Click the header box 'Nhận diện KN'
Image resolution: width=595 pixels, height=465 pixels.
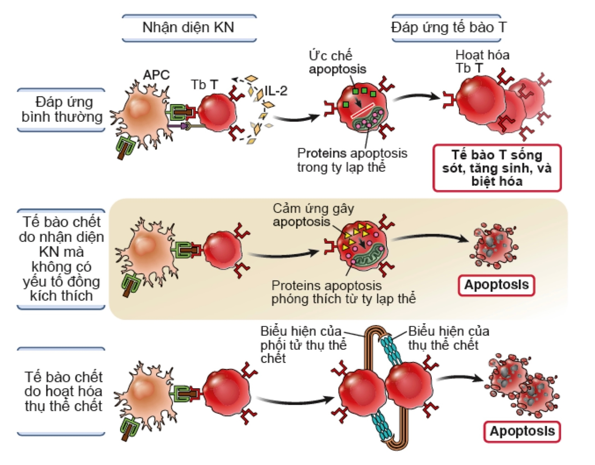click(189, 28)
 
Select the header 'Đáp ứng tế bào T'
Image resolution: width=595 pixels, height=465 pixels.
click(449, 28)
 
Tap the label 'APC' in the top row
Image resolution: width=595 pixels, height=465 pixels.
click(156, 74)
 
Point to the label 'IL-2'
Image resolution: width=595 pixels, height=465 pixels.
click(275, 91)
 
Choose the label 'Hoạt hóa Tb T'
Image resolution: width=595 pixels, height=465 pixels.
click(482, 61)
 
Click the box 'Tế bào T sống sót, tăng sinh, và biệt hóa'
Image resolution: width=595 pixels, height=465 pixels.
click(497, 168)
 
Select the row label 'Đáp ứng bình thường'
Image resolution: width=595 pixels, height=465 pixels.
click(62, 109)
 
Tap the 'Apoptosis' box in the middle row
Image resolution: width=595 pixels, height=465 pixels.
click(496, 285)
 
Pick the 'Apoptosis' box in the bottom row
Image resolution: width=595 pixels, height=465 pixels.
click(522, 431)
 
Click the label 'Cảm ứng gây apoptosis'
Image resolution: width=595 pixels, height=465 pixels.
click(313, 215)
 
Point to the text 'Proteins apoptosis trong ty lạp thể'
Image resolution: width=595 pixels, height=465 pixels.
click(352, 160)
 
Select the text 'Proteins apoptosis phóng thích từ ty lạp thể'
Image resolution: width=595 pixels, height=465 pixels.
click(343, 292)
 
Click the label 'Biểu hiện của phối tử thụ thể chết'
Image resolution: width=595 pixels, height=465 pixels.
click(303, 344)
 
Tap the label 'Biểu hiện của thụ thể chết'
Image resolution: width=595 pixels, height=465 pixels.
click(448, 338)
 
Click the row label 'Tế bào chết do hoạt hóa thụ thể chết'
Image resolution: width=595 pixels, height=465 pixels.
click(63, 391)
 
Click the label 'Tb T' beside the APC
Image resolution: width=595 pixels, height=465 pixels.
click(204, 84)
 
